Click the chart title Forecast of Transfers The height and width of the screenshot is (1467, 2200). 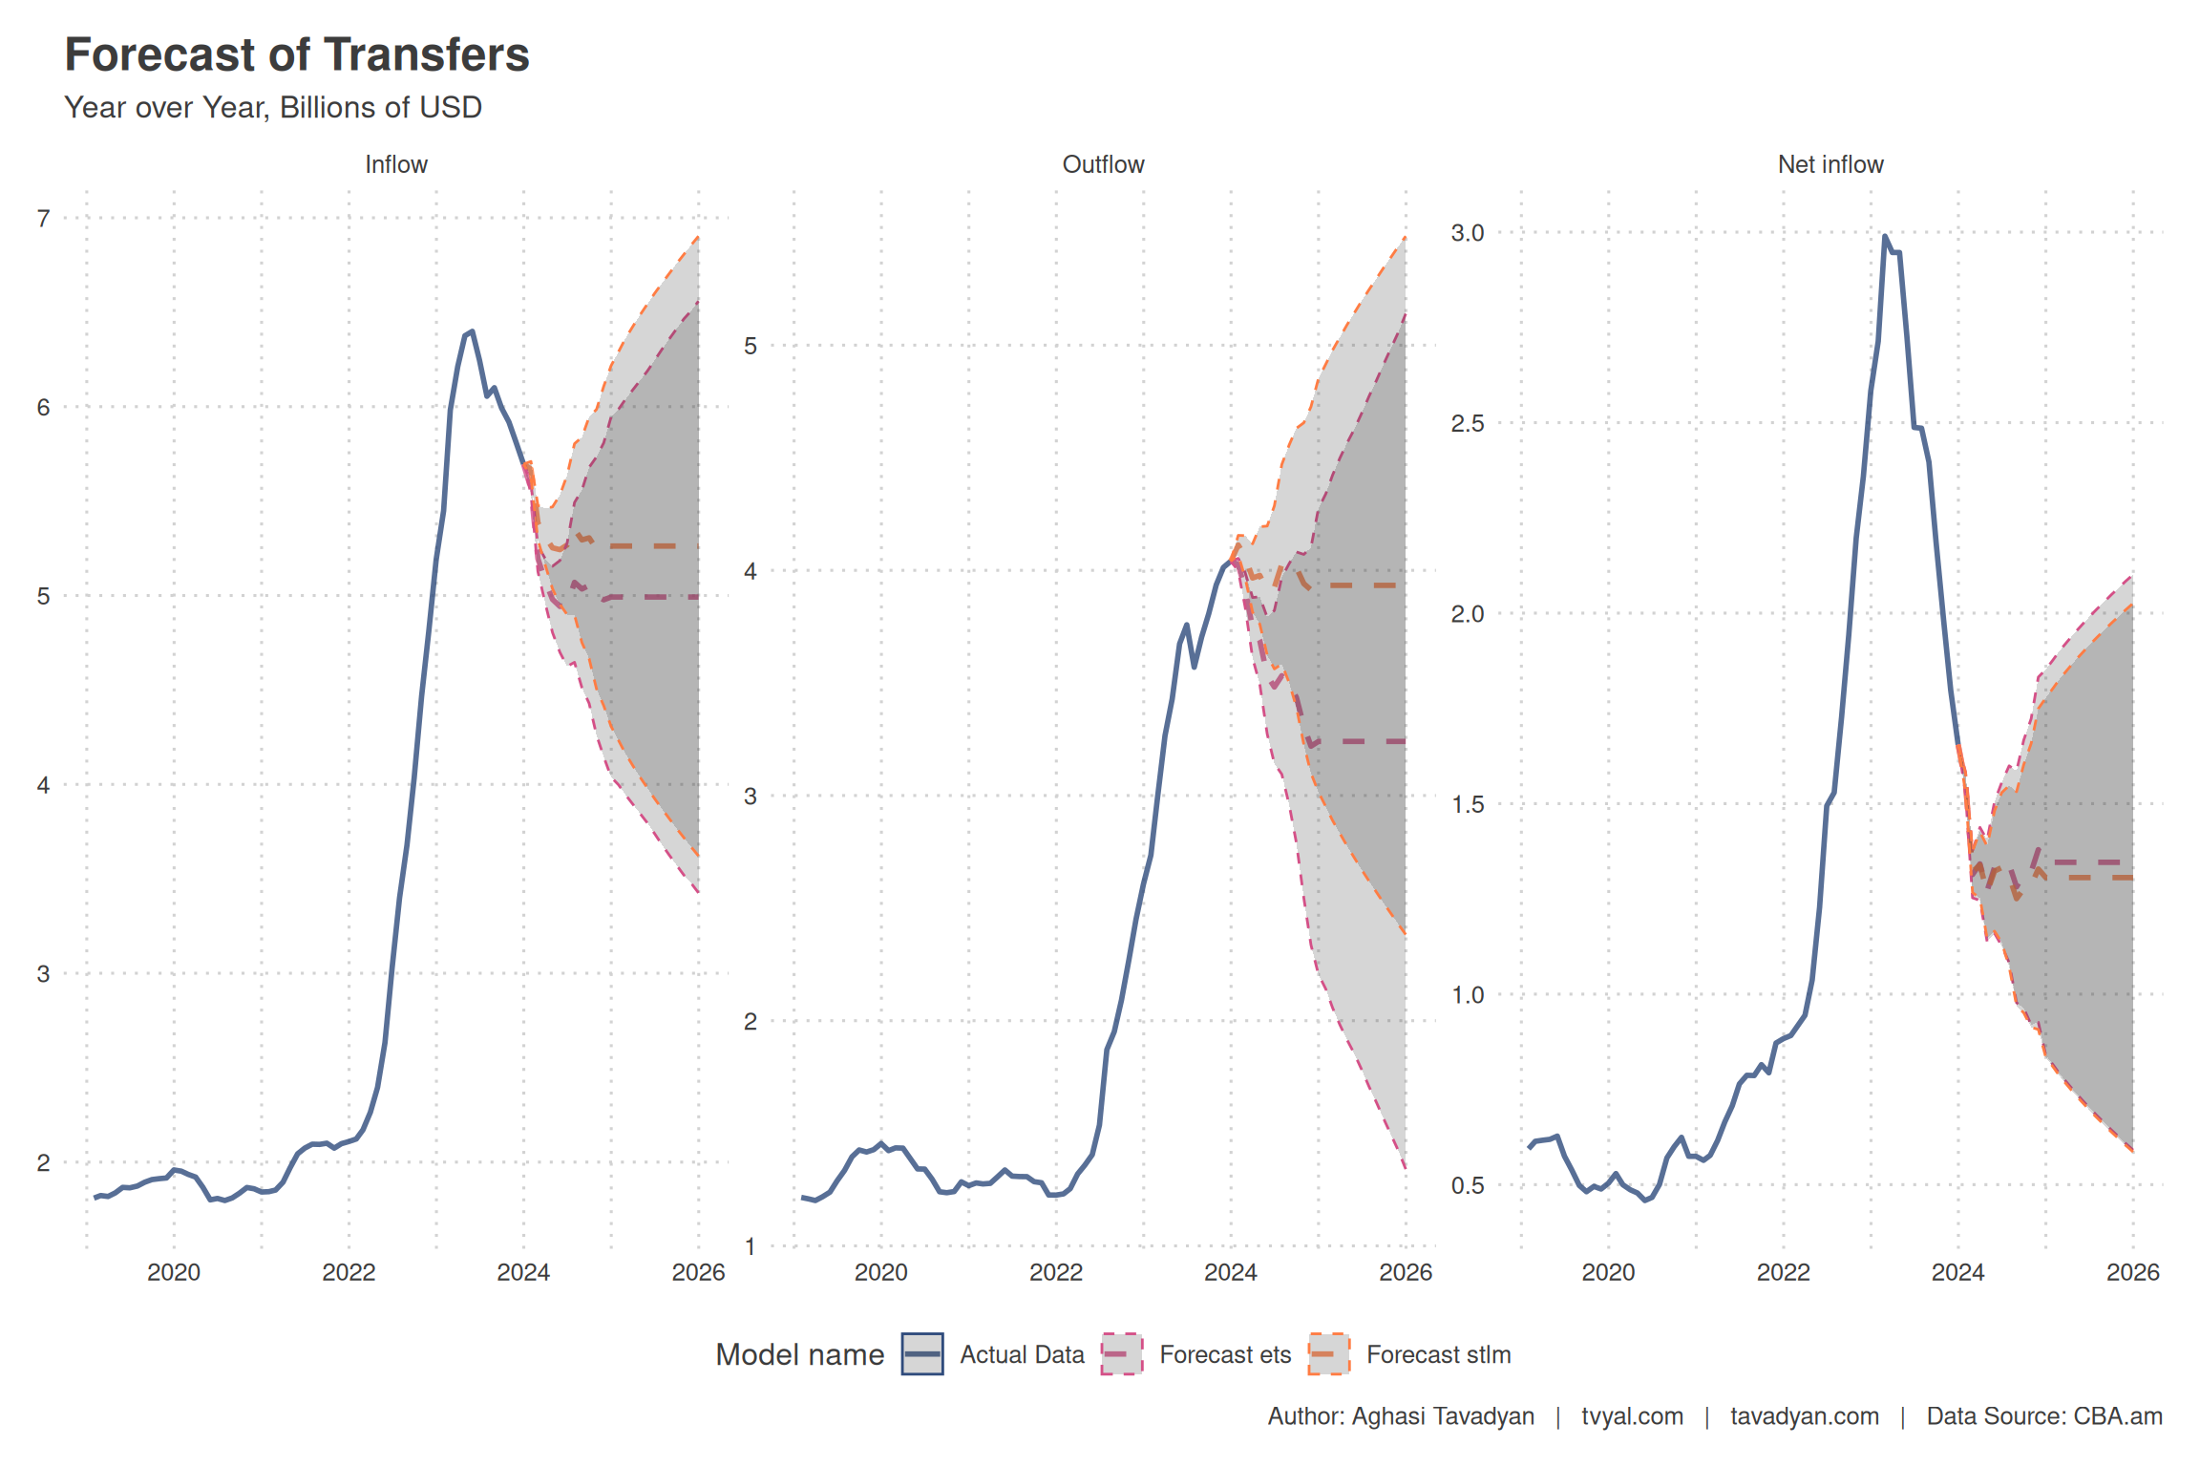coord(296,55)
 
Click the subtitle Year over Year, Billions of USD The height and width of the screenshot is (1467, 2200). coord(273,108)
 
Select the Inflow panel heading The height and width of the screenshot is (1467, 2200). coord(395,164)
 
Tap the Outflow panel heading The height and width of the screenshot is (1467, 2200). coord(1103,164)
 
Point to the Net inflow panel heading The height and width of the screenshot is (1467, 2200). coord(1830,164)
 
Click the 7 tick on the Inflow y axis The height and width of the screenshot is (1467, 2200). coord(43,219)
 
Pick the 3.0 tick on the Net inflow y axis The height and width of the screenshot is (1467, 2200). coord(1468,233)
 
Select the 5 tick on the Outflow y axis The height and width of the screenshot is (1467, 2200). coord(751,346)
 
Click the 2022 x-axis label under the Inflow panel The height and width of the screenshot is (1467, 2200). coord(349,1272)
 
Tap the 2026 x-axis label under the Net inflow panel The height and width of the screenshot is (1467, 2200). coord(2132,1272)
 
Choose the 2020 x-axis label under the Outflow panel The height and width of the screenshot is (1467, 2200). coord(880,1272)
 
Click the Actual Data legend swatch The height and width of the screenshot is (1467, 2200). coord(922,1354)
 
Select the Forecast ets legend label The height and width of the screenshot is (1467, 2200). coord(1225,1354)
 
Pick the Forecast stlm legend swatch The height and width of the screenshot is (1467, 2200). coord(1328,1354)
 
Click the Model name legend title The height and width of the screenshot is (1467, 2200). coord(799,1354)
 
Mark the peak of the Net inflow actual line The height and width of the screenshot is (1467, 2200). coord(1885,236)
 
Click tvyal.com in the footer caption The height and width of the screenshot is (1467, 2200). coord(1632,1416)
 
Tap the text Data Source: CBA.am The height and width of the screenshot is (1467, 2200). coord(2043,1416)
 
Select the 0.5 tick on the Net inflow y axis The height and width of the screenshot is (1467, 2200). coord(1468,1185)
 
